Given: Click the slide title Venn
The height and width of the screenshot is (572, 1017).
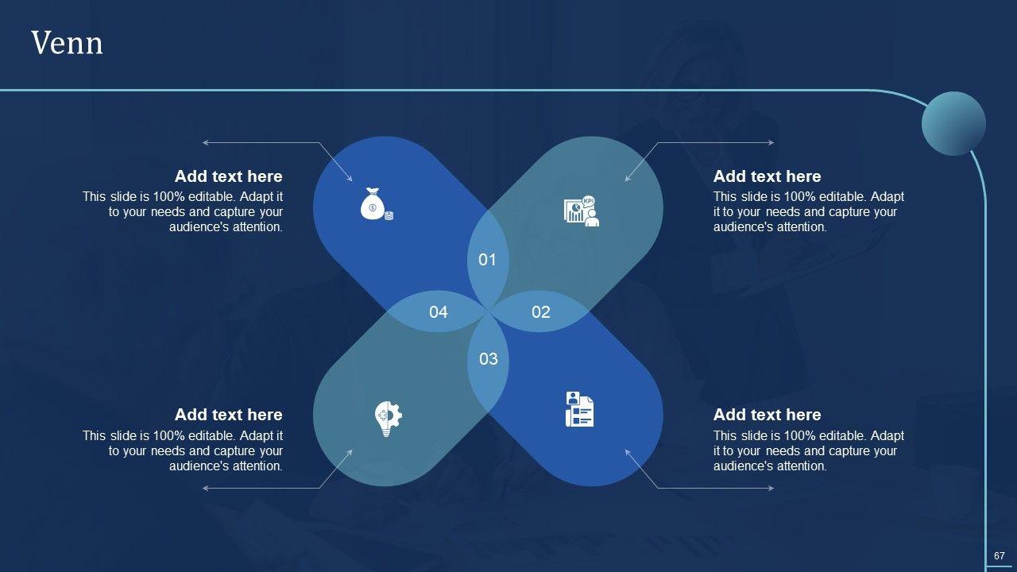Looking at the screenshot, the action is coord(68,43).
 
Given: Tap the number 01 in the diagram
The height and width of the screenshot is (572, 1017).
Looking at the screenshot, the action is coord(487,260).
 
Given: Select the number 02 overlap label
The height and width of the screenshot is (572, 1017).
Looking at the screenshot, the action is coord(541,312).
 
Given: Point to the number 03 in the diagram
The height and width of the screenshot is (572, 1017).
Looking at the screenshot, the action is coord(489,358).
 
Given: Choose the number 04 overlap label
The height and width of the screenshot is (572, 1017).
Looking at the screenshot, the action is coord(438,312).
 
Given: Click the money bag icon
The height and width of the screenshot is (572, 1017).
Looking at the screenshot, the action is coord(377,204).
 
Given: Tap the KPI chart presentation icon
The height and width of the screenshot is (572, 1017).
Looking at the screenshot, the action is coord(582,211).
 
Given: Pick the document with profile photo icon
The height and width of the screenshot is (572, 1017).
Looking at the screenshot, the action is coord(579,409).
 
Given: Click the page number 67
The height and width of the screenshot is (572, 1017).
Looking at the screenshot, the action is coord(1000,555).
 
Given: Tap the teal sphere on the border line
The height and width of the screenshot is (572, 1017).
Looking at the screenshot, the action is coord(953,123).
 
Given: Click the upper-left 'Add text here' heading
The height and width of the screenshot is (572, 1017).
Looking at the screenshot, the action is coord(228,176).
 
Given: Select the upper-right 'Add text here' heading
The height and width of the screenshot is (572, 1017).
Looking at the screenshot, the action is coord(768,176).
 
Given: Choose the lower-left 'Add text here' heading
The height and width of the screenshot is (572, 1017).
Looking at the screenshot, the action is coord(228,415).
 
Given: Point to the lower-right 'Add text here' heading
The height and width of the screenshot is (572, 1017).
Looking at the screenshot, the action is coord(768,415).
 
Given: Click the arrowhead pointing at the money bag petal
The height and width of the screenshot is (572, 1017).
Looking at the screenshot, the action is coord(350,179).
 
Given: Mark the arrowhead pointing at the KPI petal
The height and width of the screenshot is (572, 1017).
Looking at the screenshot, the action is coord(628,179).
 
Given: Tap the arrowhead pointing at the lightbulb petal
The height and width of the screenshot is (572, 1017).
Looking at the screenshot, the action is coord(350,452).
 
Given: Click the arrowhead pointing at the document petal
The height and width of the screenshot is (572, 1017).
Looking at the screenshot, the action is coord(628,452).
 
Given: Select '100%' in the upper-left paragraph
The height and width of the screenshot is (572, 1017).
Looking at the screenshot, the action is coord(168,196).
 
